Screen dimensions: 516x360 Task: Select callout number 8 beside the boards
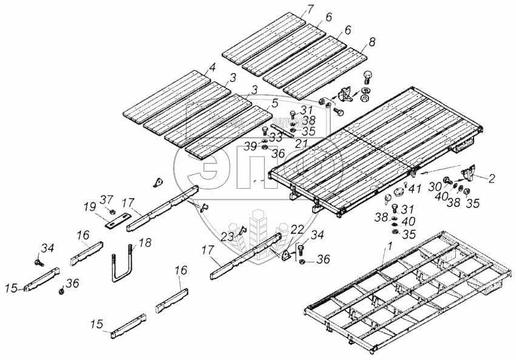(x=372, y=42)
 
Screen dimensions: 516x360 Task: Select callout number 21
(x=299, y=143)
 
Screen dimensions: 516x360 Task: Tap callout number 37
(x=106, y=200)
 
